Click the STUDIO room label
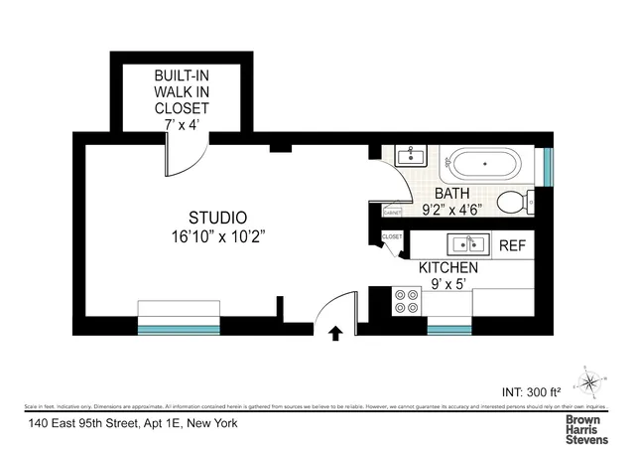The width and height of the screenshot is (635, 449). [217, 218]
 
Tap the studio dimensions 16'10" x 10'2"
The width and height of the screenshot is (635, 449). [217, 236]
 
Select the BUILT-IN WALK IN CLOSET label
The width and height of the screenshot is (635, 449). [182, 91]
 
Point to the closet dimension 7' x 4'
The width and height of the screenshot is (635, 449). [182, 124]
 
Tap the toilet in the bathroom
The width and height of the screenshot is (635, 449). [513, 203]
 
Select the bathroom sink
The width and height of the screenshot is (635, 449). [409, 156]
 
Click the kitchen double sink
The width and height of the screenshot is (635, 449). [463, 244]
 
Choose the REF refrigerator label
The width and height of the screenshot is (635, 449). [512, 245]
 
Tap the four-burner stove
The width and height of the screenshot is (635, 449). [405, 301]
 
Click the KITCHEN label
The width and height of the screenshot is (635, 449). [448, 268]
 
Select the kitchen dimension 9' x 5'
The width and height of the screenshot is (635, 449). [448, 285]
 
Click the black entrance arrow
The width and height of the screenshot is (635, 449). [334, 335]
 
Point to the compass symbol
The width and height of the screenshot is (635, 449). [591, 380]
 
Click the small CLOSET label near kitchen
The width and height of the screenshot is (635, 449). [392, 237]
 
